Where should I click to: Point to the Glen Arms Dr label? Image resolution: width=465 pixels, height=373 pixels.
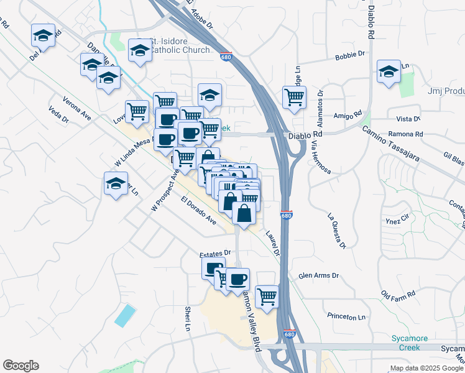(x=318, y=275)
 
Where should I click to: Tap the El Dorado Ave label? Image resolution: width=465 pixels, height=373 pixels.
(x=198, y=211)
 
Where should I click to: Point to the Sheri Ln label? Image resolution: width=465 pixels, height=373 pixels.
(x=186, y=318)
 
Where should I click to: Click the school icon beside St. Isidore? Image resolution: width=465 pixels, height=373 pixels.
(x=140, y=50)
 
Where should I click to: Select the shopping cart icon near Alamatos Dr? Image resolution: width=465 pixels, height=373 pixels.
(x=294, y=96)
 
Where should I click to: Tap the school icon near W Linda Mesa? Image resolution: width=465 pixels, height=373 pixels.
(x=116, y=183)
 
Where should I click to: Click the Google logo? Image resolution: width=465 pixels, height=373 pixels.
(x=21, y=366)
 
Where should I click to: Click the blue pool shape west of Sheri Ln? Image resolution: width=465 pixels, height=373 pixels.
(x=125, y=316)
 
